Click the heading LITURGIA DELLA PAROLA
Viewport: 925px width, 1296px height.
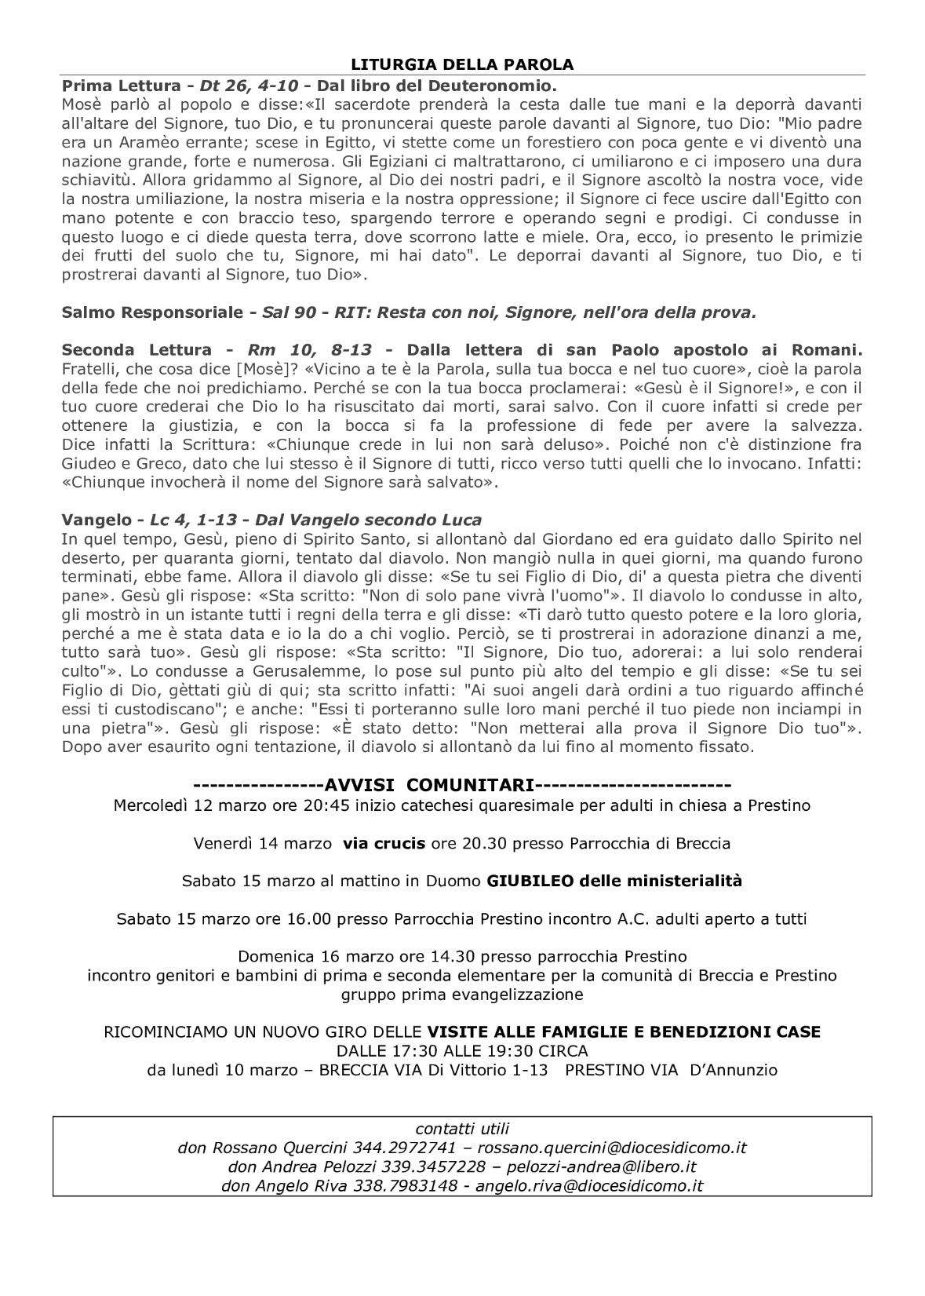tap(462, 64)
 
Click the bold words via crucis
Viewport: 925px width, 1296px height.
tap(384, 843)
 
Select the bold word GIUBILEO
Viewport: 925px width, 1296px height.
tap(530, 881)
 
